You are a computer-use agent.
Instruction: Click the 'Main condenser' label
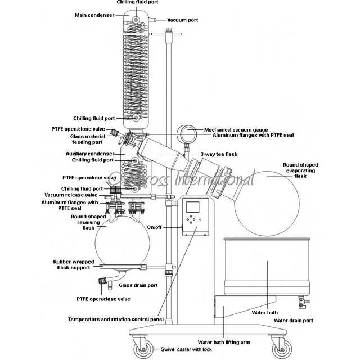96,15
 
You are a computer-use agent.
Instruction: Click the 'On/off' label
155,227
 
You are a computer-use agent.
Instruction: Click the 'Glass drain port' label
138,285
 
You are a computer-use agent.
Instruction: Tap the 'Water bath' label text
264,312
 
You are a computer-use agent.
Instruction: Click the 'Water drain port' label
293,321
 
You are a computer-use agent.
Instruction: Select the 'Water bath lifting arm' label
224,341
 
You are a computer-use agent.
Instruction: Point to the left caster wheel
141,349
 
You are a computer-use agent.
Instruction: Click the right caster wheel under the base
280,349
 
